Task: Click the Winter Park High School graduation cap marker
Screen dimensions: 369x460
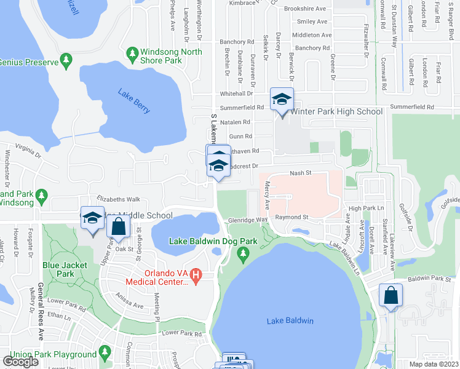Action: coord(282,100)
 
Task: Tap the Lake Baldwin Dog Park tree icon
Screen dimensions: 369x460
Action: coord(244,253)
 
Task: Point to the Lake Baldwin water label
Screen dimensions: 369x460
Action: coord(290,321)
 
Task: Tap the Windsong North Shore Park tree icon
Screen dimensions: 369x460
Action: coord(132,54)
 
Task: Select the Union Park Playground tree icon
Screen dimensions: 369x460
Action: coord(104,354)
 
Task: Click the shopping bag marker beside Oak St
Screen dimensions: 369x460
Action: coord(118,228)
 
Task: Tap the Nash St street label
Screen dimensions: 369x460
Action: coord(301,174)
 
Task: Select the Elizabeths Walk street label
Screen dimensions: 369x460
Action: coord(119,199)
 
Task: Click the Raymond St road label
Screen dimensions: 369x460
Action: coord(291,217)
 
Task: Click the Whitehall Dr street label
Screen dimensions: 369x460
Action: coord(237,93)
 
